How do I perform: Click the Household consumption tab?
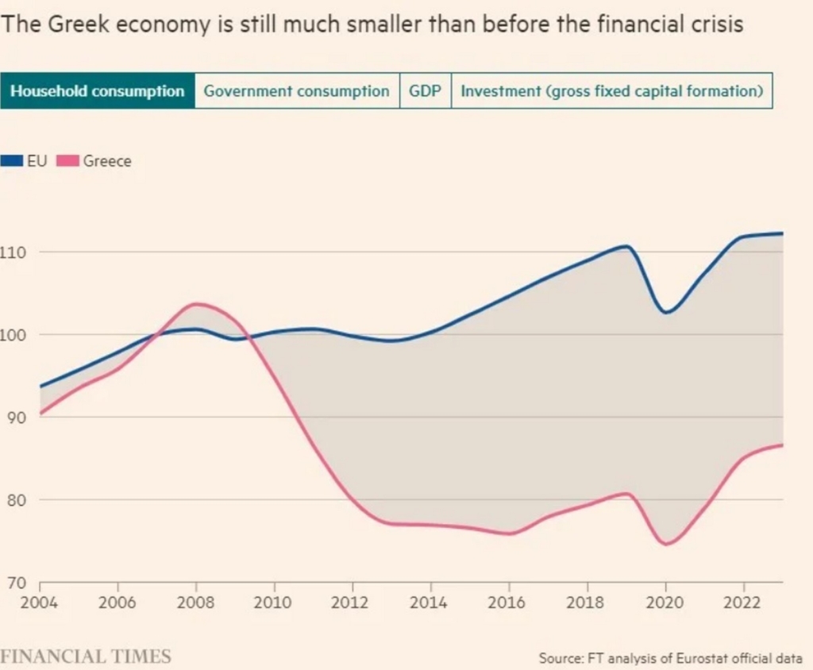pyautogui.click(x=97, y=90)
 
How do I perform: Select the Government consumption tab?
pyautogui.click(x=297, y=90)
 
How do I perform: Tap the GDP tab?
pyautogui.click(x=425, y=90)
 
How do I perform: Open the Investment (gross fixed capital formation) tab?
pyautogui.click(x=611, y=90)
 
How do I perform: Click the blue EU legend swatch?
pyautogui.click(x=13, y=161)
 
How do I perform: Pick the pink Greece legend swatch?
pyautogui.click(x=69, y=161)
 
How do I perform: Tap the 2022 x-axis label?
pyautogui.click(x=743, y=603)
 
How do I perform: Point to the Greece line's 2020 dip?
pyautogui.click(x=665, y=544)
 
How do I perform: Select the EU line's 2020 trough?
pyautogui.click(x=665, y=312)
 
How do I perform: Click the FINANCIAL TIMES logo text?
pyautogui.click(x=86, y=657)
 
